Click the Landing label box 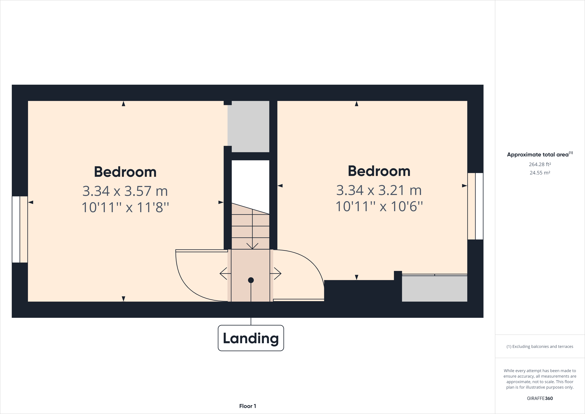coord(251,338)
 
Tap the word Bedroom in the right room coord(379,171)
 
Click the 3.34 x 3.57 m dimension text coord(125,191)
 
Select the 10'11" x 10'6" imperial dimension coord(379,206)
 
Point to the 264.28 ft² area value coord(540,164)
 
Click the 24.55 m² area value coord(540,173)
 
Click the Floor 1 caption coord(247,406)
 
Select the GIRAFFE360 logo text coord(540,398)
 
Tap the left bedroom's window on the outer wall coord(20,229)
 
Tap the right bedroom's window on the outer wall coord(475,206)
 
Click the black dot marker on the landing coord(251,280)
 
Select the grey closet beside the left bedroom coord(248,127)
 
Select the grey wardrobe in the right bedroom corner coord(434,288)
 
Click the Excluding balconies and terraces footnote coord(540,346)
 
